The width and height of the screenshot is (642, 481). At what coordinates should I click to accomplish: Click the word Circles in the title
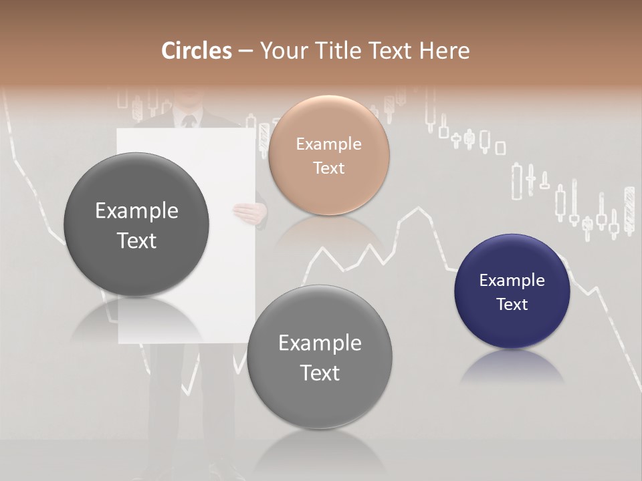(x=196, y=51)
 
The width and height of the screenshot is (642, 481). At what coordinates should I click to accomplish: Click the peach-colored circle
(x=328, y=155)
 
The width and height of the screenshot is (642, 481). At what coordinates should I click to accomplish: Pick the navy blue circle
(x=512, y=291)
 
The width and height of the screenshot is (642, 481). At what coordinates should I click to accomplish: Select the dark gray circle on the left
(x=136, y=225)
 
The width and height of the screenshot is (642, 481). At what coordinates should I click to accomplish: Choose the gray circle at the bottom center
(x=320, y=357)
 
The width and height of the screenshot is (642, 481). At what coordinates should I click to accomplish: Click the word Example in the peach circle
(x=328, y=144)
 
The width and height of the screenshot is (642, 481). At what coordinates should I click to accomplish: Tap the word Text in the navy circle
(x=512, y=304)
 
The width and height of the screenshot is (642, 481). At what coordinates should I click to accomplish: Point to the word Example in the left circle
(x=136, y=211)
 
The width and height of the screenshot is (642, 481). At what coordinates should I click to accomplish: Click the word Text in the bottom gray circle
(x=320, y=373)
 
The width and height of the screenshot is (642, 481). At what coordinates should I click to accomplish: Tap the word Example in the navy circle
(x=512, y=281)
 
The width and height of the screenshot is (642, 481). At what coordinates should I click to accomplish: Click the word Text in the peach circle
(x=328, y=168)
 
